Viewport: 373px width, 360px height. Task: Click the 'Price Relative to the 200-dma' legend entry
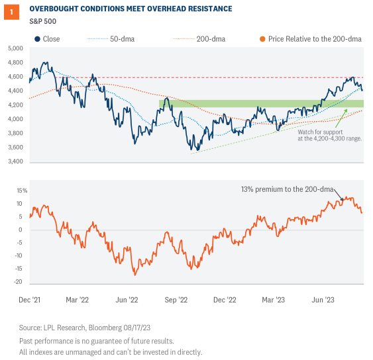coord(311,39)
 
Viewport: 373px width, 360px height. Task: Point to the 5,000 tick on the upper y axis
coord(15,50)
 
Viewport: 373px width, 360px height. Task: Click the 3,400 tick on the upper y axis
coord(15,161)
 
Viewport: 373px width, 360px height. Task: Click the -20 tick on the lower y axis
coord(20,281)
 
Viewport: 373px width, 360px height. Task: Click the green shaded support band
coord(252,103)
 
